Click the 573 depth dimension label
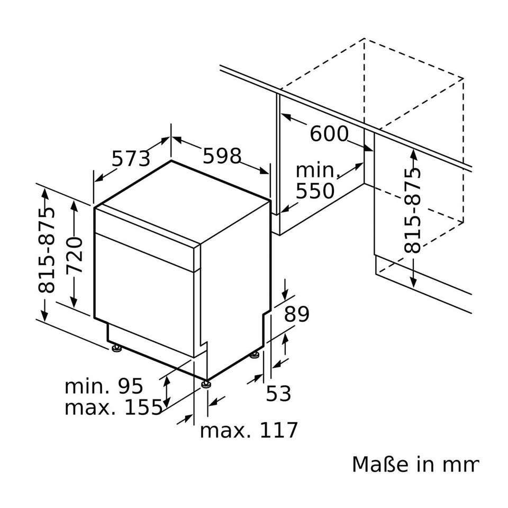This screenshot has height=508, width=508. click(131, 158)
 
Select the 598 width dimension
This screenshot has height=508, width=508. click(222, 156)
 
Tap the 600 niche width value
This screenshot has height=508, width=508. click(329, 134)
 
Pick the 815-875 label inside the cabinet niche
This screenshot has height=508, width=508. click(412, 210)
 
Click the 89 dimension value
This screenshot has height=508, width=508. click(297, 314)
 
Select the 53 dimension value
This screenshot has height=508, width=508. click(278, 393)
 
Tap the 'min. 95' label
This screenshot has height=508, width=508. click(104, 386)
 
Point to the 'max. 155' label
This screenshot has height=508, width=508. click(113, 407)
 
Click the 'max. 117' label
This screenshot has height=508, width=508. click(249, 430)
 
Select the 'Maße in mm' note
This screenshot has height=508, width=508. click(415, 464)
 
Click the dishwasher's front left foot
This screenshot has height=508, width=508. click(115, 348)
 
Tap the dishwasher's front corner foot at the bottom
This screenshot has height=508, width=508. click(205, 382)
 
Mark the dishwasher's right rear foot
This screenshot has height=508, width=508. click(256, 354)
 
